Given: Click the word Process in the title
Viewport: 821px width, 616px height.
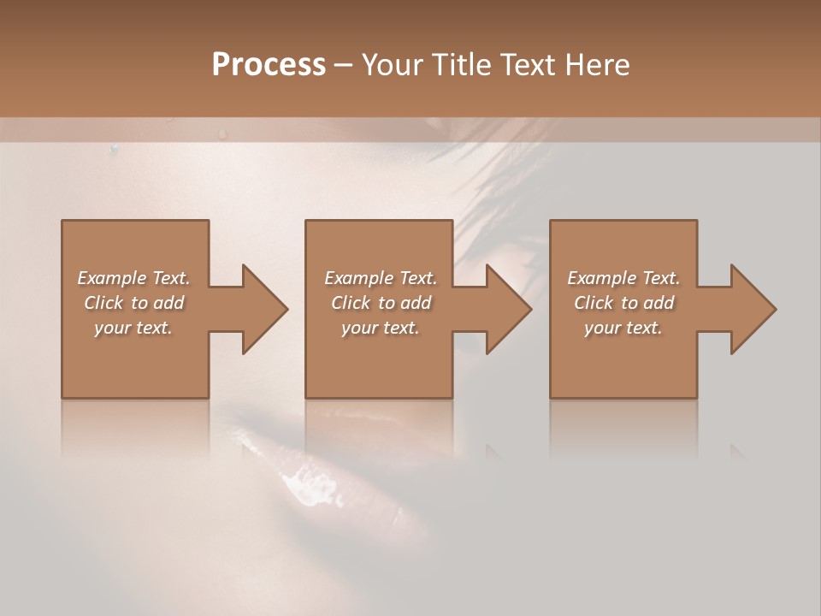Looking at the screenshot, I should pyautogui.click(x=269, y=65).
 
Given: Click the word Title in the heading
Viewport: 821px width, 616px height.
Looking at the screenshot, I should pyautogui.click(x=456, y=65).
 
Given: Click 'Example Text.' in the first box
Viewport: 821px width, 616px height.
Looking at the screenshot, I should pyautogui.click(x=133, y=278).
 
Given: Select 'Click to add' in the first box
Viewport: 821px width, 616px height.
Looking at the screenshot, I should pyautogui.click(x=133, y=303).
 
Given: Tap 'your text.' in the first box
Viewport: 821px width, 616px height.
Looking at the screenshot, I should pyautogui.click(x=133, y=328).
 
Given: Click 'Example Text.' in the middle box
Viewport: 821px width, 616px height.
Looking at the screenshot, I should pyautogui.click(x=380, y=278).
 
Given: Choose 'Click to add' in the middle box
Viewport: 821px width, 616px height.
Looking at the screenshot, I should pyautogui.click(x=380, y=303).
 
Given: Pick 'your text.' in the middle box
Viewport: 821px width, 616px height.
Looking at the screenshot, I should pyautogui.click(x=380, y=328).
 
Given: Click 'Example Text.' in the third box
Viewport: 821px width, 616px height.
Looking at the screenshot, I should pyautogui.click(x=623, y=278).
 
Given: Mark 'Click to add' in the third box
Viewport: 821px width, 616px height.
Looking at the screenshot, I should pyautogui.click(x=623, y=303).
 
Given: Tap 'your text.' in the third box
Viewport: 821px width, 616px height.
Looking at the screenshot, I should pyautogui.click(x=623, y=328).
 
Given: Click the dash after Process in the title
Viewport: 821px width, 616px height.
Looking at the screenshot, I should pyautogui.click(x=343, y=66).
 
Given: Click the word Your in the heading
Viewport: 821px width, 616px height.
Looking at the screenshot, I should pyautogui.click(x=389, y=65).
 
